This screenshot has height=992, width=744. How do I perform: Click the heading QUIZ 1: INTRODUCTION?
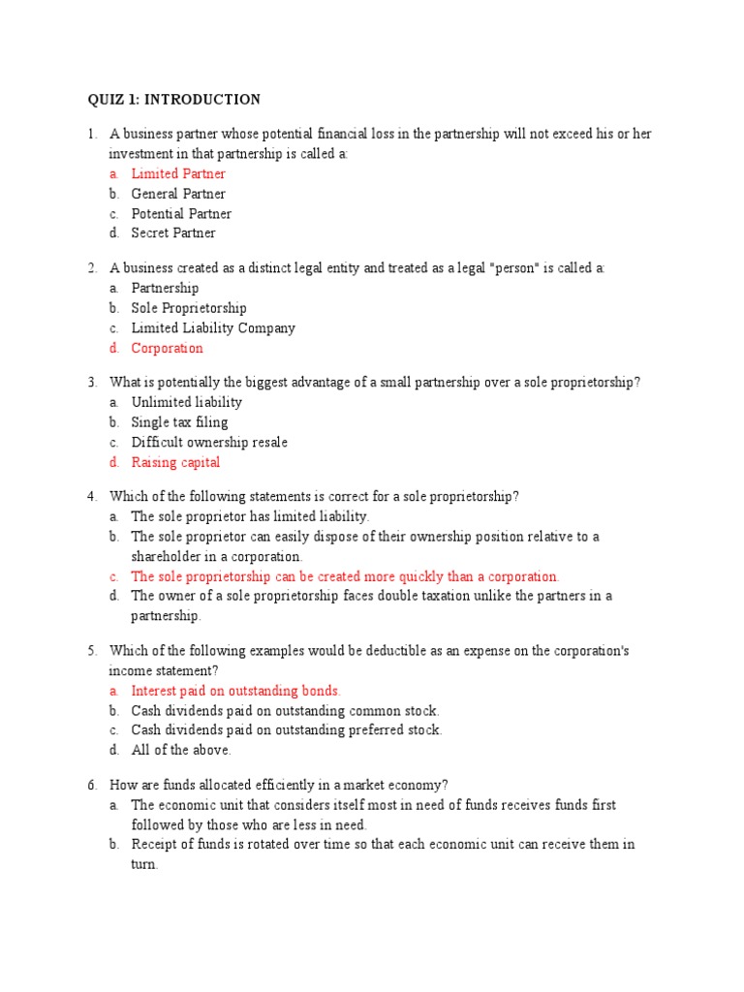tap(173, 99)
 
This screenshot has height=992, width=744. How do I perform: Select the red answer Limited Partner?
tap(178, 173)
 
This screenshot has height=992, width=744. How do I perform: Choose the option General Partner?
tap(178, 194)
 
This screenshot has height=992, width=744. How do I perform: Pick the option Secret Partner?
tap(173, 232)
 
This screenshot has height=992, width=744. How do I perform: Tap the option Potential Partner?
tap(181, 213)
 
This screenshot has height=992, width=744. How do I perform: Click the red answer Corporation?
tap(167, 348)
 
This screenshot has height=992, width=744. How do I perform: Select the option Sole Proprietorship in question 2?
tap(189, 308)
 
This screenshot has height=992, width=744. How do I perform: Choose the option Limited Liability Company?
tap(213, 327)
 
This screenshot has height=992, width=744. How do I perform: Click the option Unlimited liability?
tap(187, 402)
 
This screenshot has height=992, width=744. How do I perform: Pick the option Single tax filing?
tap(179, 422)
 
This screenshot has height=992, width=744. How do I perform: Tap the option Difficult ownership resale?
tap(209, 442)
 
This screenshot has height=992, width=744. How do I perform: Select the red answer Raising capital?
tap(175, 462)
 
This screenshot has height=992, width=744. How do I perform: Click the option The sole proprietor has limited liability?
tap(250, 516)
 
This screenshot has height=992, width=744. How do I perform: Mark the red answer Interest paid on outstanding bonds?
tap(235, 691)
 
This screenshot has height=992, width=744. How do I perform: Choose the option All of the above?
tap(181, 750)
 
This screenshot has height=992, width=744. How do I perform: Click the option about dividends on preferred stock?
tap(286, 729)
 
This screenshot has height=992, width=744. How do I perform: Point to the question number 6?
tap(92, 785)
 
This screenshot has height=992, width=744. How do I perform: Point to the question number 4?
tap(92, 496)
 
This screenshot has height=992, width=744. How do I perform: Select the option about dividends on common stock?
tap(285, 710)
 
